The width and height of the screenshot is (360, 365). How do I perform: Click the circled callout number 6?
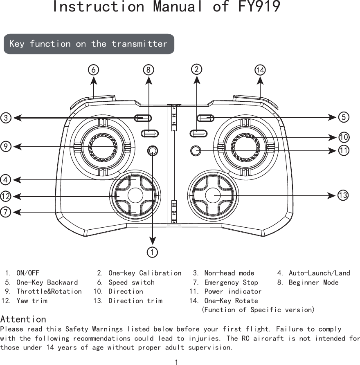[x=94, y=69]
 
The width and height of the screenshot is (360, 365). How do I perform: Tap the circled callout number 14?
[x=260, y=70]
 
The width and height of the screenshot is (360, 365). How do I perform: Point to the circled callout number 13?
[x=343, y=196]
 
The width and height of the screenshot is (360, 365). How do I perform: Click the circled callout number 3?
[x=6, y=118]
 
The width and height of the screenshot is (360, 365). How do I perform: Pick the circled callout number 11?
[x=344, y=150]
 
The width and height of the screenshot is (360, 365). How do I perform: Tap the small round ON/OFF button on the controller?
[x=153, y=150]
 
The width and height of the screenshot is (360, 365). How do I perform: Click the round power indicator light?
[x=196, y=150]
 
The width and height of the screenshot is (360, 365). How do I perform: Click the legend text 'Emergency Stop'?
[x=231, y=282]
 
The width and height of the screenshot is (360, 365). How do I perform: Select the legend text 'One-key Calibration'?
[x=145, y=273]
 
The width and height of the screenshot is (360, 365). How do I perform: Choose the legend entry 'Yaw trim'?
[x=32, y=301]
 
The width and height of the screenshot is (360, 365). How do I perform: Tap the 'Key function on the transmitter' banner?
[x=88, y=44]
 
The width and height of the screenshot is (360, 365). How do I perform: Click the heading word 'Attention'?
[x=23, y=319]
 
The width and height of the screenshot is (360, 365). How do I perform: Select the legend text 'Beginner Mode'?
[x=313, y=282]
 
